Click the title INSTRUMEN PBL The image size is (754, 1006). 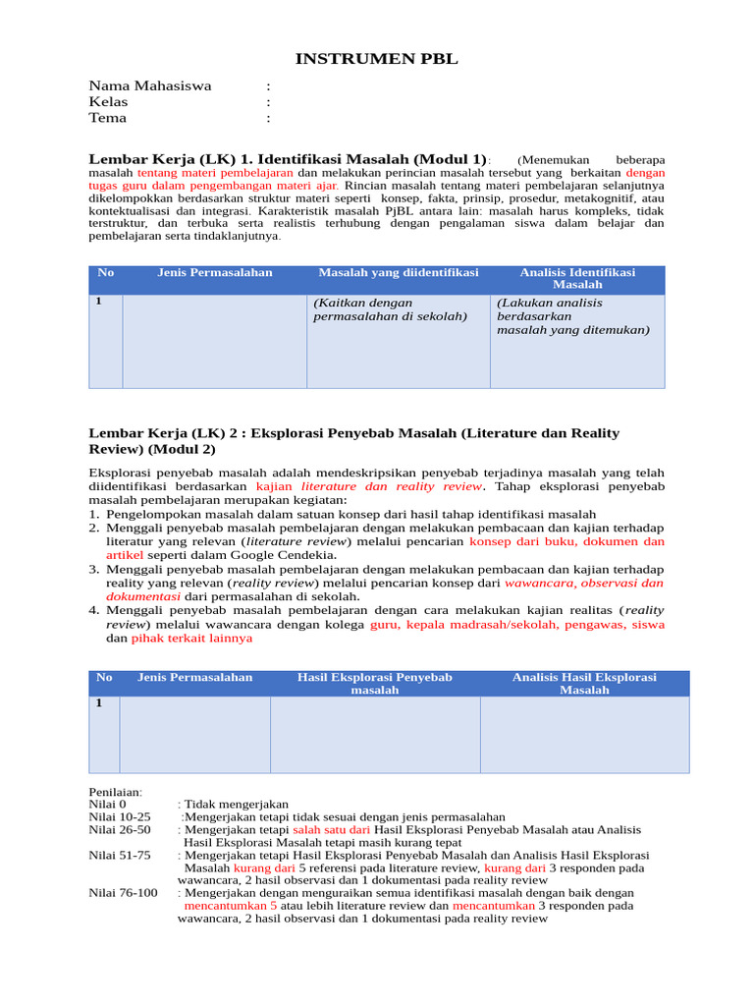point(377,60)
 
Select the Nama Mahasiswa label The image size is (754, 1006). point(150,85)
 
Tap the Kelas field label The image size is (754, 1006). point(108,102)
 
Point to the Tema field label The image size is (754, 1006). point(108,118)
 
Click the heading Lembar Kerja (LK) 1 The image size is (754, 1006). point(288,159)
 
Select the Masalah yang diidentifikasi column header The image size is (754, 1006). point(398,272)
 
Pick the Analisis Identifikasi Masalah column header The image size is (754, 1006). point(577,278)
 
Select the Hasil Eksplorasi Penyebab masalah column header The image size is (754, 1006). point(374,684)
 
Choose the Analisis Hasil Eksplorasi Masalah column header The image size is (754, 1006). point(584,684)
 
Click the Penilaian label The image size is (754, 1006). point(116,792)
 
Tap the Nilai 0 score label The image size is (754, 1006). point(108,804)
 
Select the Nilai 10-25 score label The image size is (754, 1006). point(120,816)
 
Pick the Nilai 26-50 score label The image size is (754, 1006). point(120,829)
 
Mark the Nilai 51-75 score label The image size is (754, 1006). point(120,855)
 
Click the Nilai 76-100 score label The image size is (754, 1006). point(123,893)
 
